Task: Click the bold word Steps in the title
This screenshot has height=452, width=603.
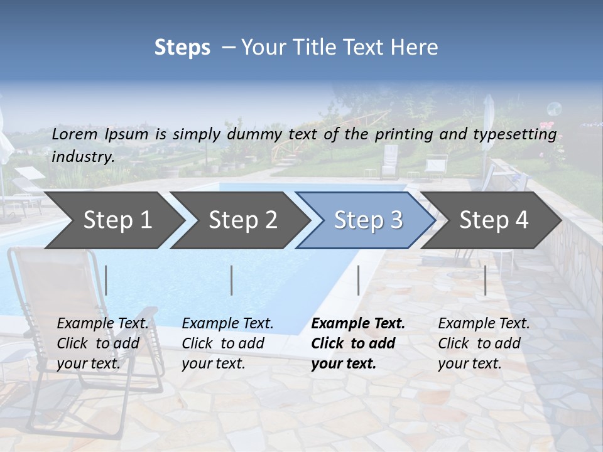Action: [182, 48]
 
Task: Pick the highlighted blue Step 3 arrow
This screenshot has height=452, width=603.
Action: [368, 220]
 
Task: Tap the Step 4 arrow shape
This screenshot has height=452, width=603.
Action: [494, 220]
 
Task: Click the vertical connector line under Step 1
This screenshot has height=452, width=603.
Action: [106, 280]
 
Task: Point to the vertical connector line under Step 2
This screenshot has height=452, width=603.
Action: [232, 280]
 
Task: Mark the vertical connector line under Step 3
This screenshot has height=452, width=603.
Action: [358, 280]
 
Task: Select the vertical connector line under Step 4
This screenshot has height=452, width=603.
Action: [485, 280]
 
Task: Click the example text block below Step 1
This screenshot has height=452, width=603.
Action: [102, 343]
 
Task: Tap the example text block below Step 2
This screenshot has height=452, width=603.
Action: [227, 343]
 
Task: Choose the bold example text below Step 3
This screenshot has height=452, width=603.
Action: [358, 343]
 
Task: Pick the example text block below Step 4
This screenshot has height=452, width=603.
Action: [484, 343]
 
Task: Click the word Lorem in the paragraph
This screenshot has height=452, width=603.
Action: [74, 134]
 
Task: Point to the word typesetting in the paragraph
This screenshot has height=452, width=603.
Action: [514, 134]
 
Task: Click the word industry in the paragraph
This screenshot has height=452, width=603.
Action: [82, 156]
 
